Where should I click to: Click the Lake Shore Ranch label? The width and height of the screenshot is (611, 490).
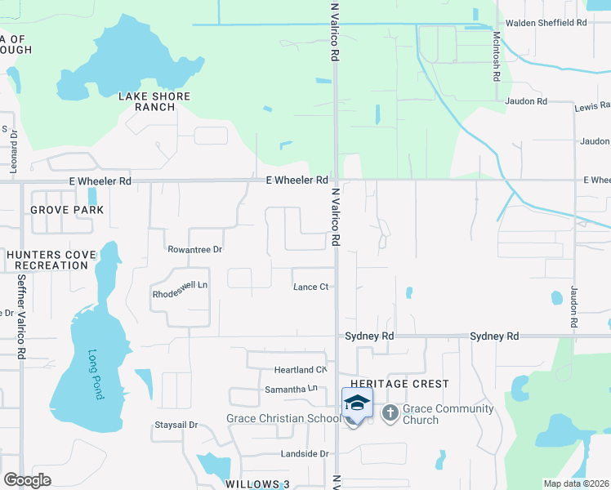coord(154,101)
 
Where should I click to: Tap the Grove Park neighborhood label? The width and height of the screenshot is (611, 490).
coord(67,210)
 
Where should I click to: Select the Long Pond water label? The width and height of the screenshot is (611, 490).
coord(96,374)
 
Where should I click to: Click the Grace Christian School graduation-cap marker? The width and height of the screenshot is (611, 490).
coord(357,403)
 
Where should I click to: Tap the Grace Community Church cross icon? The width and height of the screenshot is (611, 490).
coord(390,412)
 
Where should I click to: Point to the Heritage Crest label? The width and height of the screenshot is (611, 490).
coord(399,384)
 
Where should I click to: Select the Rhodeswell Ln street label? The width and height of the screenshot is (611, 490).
coord(181,286)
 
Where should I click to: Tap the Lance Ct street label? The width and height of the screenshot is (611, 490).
coord(310,287)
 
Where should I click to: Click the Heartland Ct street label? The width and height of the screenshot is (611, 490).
coord(301,370)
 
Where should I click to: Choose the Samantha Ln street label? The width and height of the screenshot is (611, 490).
coord(290,390)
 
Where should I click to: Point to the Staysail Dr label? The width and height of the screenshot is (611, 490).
coord(176,425)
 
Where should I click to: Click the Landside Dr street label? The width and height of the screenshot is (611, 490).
coord(301,453)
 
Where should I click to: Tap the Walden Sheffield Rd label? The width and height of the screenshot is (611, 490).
coord(546,23)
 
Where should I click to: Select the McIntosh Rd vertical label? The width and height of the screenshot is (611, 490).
coord(496,56)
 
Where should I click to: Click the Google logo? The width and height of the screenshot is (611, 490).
coord(27,480)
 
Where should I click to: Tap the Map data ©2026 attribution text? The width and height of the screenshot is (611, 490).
coord(574,483)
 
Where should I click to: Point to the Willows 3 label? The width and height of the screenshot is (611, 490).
coord(258,484)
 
